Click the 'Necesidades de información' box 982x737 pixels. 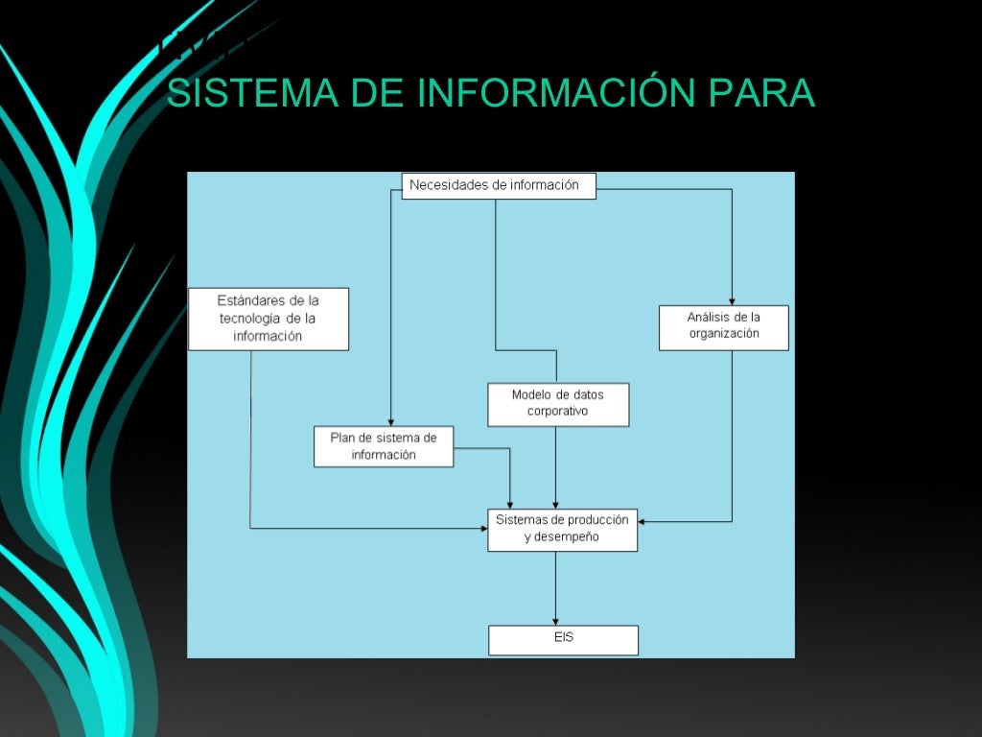pyautogui.click(x=498, y=185)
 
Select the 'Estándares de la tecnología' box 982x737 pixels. pyautogui.click(x=268, y=319)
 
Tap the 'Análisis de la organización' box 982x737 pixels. pyautogui.click(x=723, y=327)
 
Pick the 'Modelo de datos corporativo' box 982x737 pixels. pyautogui.click(x=557, y=404)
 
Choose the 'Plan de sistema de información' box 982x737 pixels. pyautogui.click(x=383, y=446)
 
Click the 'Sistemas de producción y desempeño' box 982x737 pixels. pyautogui.click(x=562, y=529)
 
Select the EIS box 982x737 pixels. pyautogui.click(x=563, y=639)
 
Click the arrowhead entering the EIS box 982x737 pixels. pyautogui.click(x=556, y=621)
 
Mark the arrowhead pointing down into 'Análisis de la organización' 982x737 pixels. pyautogui.click(x=732, y=300)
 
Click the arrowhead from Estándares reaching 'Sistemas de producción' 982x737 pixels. pyautogui.click(x=482, y=528)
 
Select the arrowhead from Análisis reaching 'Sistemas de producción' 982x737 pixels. pyautogui.click(x=643, y=522)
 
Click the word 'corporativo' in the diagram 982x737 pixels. pyautogui.click(x=557, y=412)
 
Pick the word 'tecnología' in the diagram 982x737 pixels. pyautogui.click(x=250, y=319)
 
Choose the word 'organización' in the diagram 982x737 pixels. pyautogui.click(x=723, y=334)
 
